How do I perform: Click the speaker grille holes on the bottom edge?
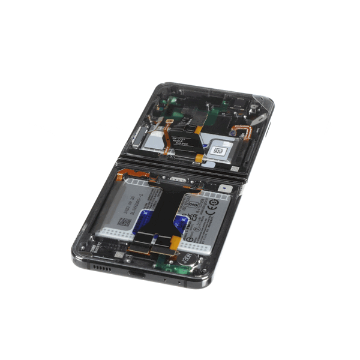pyautogui.click(x=101, y=267)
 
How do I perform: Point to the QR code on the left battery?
pyautogui.click(x=124, y=222)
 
